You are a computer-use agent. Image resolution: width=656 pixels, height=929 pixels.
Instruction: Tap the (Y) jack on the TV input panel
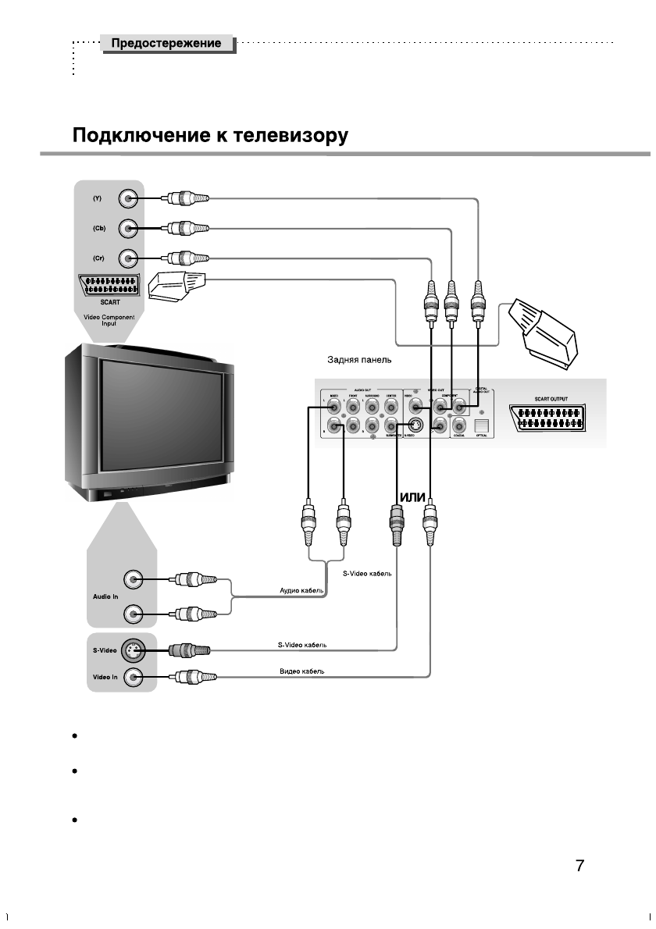pos(130,199)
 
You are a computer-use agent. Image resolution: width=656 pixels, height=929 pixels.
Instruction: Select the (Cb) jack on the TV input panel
pos(130,229)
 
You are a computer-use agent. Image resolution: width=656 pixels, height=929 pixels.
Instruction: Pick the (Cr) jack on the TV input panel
pos(130,258)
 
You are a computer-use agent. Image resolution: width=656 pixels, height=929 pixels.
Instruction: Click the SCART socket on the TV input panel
pos(109,286)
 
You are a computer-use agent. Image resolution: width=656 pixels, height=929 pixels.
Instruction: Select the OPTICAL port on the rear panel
pos(482,425)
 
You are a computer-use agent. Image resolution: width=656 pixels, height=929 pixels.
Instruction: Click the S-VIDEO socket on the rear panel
pos(418,425)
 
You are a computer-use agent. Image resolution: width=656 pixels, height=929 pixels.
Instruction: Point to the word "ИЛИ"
pos(411,497)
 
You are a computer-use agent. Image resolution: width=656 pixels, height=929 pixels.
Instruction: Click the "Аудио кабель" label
pos(302,592)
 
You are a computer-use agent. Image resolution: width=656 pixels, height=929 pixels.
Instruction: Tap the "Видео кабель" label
pos(301,671)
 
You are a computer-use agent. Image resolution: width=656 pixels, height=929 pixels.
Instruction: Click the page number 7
pos(579,865)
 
